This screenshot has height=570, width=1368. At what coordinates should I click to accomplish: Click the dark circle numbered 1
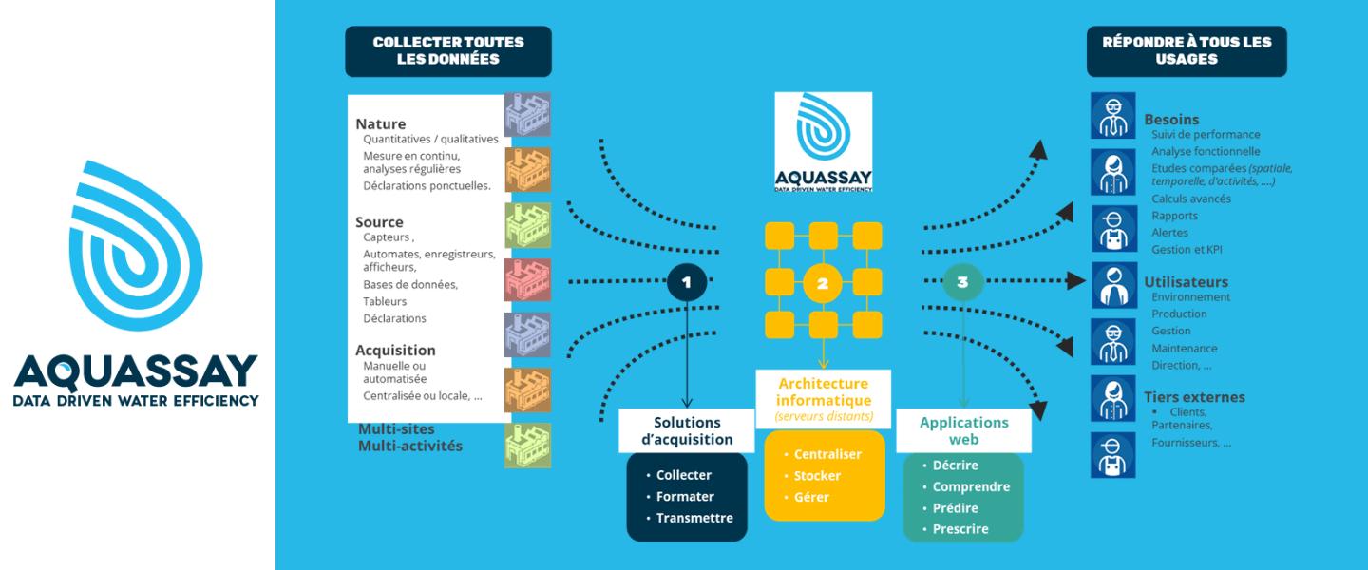coord(686,281)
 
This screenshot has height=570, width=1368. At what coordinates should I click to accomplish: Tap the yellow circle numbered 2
coord(823,282)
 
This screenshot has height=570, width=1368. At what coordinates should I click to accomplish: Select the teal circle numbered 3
coord(962,281)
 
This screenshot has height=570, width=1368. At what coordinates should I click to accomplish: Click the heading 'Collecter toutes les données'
coord(448,51)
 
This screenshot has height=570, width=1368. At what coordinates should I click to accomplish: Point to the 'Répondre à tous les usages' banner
coord(1187,51)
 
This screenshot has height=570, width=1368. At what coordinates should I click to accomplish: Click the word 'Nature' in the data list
coord(381,123)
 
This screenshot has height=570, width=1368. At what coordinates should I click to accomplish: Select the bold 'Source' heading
coord(379,222)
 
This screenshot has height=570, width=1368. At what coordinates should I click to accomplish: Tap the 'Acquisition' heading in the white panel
coord(395,350)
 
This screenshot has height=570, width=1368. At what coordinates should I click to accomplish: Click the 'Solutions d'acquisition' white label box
coord(687,430)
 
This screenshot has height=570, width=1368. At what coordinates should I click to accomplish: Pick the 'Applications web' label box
coord(964,430)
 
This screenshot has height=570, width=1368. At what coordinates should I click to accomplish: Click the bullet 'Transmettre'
coord(694,518)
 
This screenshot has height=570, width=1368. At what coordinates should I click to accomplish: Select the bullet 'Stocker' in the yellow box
coord(817,476)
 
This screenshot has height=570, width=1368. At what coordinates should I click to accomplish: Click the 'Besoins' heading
coord(1171,120)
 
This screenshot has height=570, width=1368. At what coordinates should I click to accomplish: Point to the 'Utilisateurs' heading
coord(1186,282)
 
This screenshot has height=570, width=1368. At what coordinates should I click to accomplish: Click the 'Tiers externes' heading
coord(1194,397)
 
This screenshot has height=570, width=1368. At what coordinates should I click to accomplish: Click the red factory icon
coord(527,280)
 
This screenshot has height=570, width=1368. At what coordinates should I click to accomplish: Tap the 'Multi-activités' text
coord(410,446)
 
